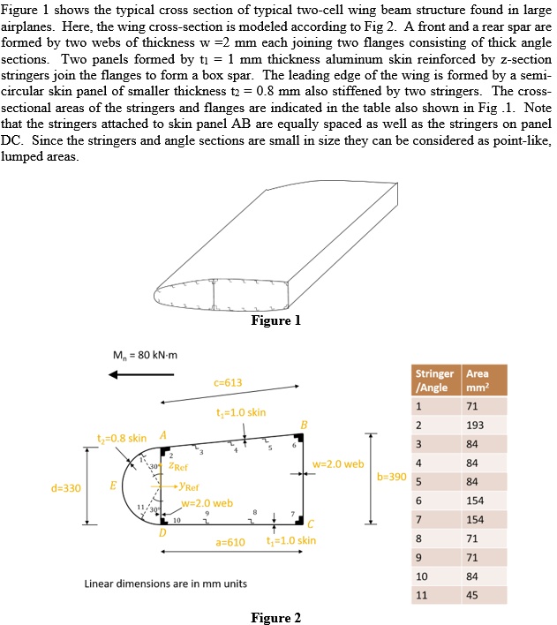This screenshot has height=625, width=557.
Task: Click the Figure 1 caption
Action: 275,320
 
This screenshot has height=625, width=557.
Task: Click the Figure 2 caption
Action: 275,617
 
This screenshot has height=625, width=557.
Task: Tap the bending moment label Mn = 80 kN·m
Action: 144,355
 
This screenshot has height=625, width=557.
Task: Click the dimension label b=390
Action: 391,476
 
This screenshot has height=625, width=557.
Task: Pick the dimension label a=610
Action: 230,540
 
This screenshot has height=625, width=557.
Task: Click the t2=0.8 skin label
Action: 122,439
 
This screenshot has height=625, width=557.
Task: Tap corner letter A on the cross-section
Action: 162,434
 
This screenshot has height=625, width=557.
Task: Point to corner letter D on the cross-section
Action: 162,533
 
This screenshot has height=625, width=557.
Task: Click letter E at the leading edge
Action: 112,485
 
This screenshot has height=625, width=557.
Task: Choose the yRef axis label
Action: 186,486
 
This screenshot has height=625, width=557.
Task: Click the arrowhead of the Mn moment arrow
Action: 112,373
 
